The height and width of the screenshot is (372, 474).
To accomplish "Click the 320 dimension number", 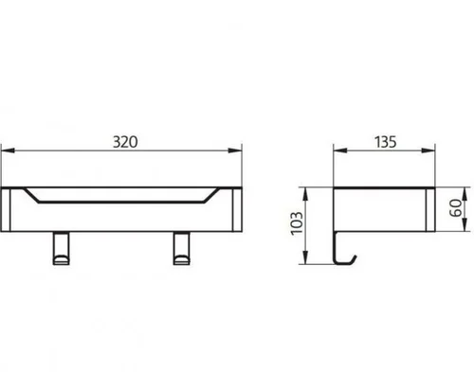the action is pos(125,142).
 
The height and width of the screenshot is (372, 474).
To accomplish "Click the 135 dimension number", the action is pos(386,142).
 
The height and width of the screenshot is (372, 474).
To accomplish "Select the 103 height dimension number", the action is pos(297,223).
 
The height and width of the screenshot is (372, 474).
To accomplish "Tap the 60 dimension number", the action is pos(455,208).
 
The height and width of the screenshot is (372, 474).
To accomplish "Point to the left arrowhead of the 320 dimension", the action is pos(8,151).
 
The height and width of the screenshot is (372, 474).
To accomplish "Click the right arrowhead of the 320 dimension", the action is pos(235,151).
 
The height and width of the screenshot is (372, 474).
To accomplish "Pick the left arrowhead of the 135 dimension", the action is pos(340,151).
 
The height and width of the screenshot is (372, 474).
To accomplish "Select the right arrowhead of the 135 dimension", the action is pos(428,151).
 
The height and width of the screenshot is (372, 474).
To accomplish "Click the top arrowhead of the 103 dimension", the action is pos(305,194).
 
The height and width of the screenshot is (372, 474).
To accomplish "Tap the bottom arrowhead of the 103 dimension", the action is pos(305,257).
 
